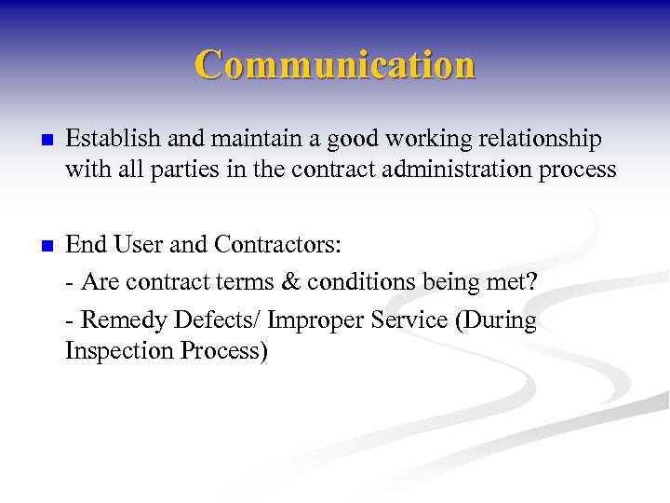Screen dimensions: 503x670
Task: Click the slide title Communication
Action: (x=335, y=65)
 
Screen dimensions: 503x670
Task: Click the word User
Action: (x=140, y=246)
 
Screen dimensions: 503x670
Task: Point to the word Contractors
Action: (x=277, y=246)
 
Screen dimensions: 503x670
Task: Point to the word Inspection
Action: (x=116, y=351)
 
